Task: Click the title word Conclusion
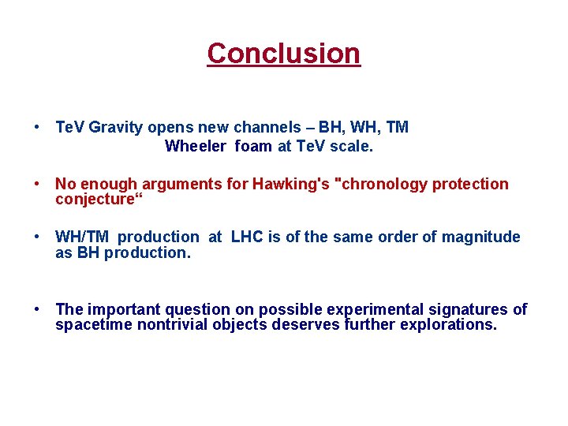pos(283,54)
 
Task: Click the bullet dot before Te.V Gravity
pos(37,127)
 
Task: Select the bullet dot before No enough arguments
pos(37,184)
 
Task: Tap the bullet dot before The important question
pos(37,309)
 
